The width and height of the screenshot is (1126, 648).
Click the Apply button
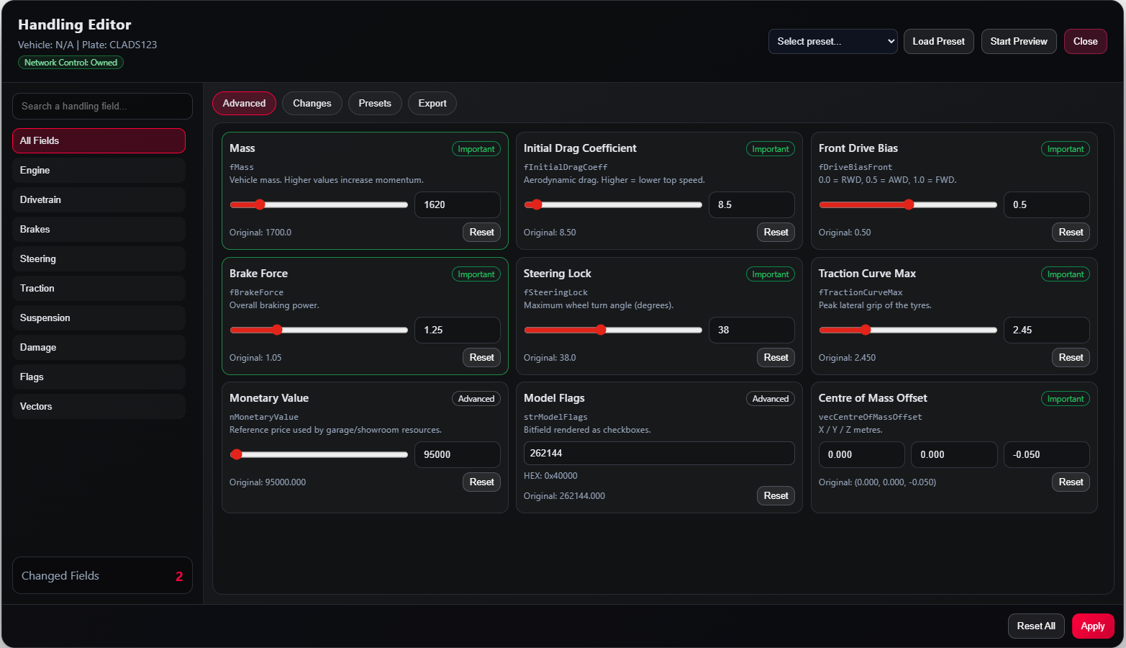(1093, 626)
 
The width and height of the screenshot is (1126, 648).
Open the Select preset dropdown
(833, 41)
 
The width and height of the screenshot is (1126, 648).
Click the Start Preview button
(1019, 41)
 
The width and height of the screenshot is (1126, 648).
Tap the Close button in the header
(1085, 41)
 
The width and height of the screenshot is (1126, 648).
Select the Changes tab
(312, 103)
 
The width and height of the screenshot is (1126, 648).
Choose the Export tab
(432, 103)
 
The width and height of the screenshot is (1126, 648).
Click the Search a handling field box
(103, 106)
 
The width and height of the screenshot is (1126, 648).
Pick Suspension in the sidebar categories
(99, 318)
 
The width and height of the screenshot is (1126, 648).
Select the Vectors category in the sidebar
(99, 407)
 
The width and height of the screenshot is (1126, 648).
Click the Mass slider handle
(260, 204)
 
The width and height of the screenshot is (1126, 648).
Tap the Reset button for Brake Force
(481, 357)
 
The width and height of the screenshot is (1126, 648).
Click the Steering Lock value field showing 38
(751, 330)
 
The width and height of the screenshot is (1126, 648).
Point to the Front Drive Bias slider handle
(909, 204)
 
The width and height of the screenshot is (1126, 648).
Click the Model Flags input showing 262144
(659, 454)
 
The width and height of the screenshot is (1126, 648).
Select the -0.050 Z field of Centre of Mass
(1047, 455)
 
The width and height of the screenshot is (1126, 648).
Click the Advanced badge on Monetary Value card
(476, 399)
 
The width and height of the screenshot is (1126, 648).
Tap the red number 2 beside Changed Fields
(179, 577)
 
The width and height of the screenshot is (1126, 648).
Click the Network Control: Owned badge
(71, 63)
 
